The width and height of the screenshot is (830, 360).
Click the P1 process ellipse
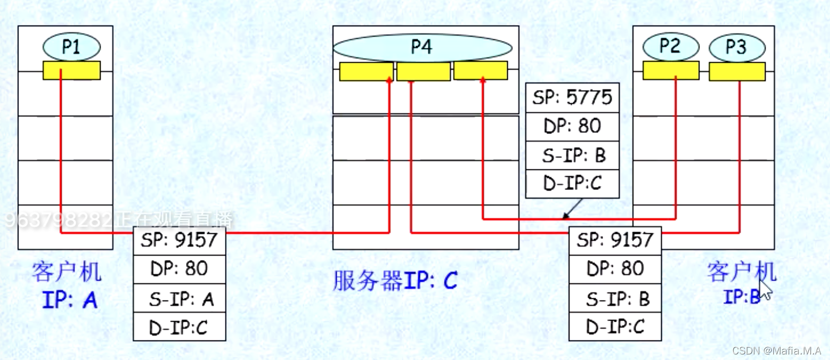click(71, 47)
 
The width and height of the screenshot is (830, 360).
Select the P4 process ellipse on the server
click(422, 47)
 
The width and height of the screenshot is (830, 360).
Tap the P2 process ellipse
click(670, 47)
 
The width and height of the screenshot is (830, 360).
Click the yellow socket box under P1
click(72, 71)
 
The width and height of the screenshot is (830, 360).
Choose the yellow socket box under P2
click(671, 71)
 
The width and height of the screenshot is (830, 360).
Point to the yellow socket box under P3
click(737, 71)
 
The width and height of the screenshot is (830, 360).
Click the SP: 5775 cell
click(572, 98)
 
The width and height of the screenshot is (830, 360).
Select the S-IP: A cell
click(179, 299)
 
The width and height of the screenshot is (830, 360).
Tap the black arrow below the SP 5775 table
click(572, 210)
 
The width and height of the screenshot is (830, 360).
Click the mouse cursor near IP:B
click(766, 289)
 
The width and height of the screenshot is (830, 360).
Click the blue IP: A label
click(70, 300)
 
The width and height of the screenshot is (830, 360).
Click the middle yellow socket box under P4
click(423, 71)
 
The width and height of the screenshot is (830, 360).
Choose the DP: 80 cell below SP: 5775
click(572, 127)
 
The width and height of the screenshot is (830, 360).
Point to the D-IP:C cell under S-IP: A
click(179, 327)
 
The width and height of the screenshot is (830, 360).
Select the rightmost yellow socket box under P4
click(481, 71)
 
